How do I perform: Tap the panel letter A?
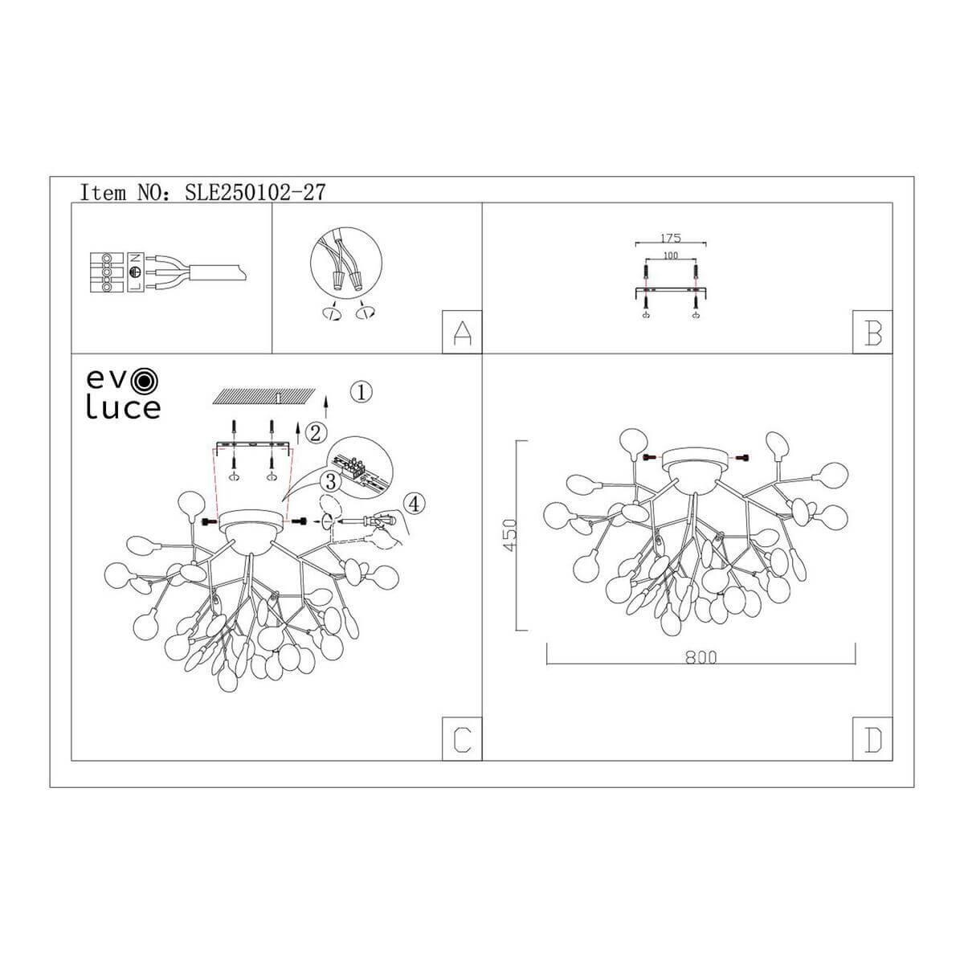pos(462,332)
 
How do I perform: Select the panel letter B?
pos(873,332)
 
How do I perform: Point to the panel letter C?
pos(462,739)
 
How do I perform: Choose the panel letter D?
pos(873,739)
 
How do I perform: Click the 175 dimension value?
pos(670,237)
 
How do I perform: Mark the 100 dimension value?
pos(670,255)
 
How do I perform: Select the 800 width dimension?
pos(701,656)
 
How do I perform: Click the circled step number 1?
pos(362,392)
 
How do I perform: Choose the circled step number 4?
pos(413,504)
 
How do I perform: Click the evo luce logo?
pos(123,394)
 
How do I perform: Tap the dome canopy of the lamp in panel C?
pos(253,529)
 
